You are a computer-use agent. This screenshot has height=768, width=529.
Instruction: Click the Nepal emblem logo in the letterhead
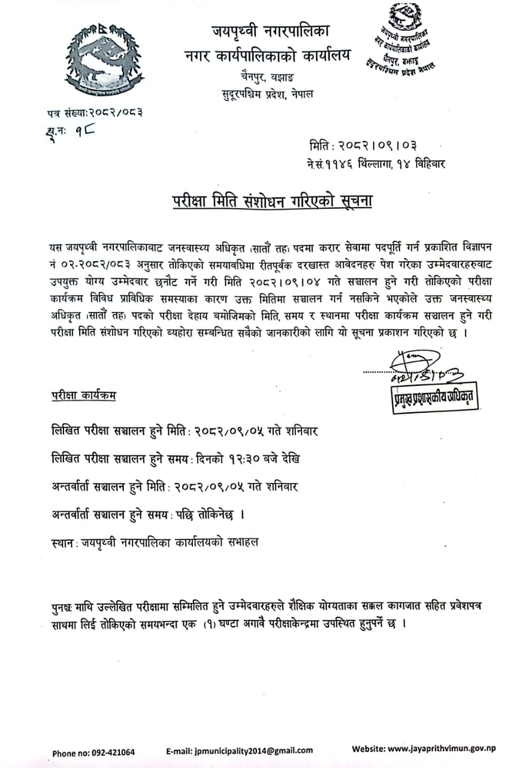click(104, 61)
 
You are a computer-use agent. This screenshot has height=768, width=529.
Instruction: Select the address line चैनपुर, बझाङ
click(265, 77)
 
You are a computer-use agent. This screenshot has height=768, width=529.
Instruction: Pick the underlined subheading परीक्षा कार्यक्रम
click(84, 395)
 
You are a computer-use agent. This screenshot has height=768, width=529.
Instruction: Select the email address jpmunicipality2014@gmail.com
click(240, 750)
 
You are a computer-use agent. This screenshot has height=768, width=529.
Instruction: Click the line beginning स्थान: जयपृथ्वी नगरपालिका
click(156, 542)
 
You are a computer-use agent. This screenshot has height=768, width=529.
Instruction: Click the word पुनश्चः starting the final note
click(63, 607)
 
